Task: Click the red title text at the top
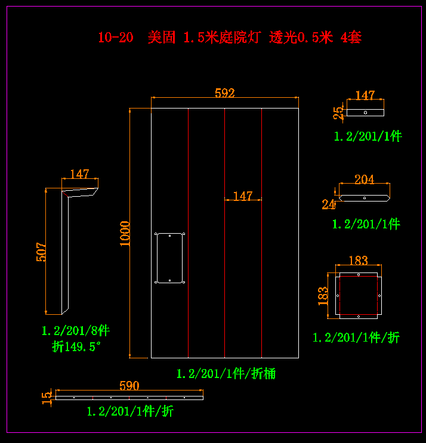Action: coord(230,38)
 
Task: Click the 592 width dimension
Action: coord(224,92)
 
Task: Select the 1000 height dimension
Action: coord(125,233)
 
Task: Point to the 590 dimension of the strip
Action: coord(129,386)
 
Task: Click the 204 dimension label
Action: coord(364,179)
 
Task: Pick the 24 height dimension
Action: coord(329,205)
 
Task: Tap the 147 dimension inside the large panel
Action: coord(243,196)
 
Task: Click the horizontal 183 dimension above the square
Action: coord(357,261)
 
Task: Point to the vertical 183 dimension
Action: coord(323,295)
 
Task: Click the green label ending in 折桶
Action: coord(226,374)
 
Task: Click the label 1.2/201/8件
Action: coord(75,330)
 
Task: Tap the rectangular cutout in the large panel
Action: coord(169,258)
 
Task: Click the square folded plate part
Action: coord(357,295)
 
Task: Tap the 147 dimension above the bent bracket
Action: coord(79,174)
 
